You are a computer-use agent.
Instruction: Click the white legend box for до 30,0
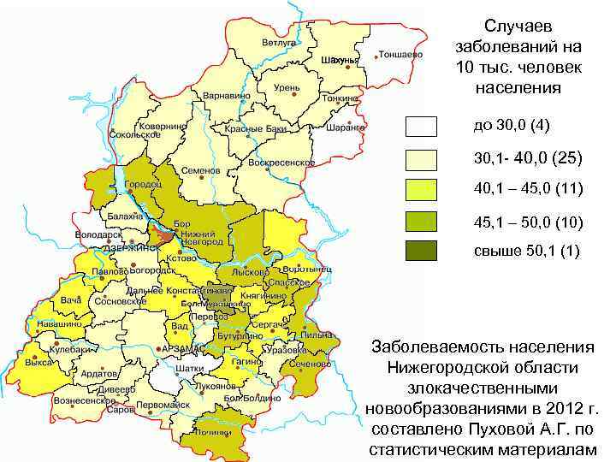coord(421,127)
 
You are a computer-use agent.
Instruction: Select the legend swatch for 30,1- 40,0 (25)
coord(421,158)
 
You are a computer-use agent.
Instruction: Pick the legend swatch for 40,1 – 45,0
coord(421,189)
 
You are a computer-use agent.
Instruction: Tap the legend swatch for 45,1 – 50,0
coord(421,221)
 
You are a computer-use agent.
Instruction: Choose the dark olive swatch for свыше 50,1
coord(421,251)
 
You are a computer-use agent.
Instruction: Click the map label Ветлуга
coord(279,42)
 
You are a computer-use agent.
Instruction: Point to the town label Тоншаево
coord(400,53)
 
